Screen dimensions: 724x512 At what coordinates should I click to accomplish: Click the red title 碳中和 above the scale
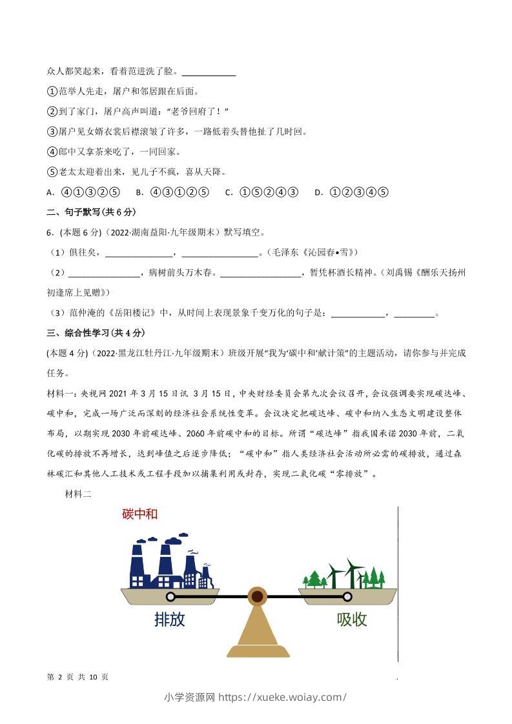click(x=139, y=514)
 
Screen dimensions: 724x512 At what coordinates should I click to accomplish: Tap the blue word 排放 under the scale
click(x=170, y=619)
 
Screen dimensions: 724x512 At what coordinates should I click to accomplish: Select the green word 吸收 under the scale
click(x=352, y=619)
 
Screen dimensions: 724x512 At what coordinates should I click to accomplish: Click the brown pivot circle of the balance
click(x=257, y=596)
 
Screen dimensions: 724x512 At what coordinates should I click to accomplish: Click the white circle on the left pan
click(x=170, y=597)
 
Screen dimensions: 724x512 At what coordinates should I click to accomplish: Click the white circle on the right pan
click(x=347, y=597)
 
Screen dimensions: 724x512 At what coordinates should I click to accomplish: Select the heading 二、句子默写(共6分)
click(x=91, y=212)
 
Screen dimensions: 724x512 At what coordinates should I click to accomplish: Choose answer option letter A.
click(x=50, y=192)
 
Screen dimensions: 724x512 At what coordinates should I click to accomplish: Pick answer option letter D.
click(x=318, y=192)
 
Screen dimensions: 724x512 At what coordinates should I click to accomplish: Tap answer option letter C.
click(x=229, y=192)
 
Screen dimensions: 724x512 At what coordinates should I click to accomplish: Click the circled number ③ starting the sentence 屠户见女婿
click(x=52, y=132)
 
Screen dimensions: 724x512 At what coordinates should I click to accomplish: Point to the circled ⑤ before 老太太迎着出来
click(x=52, y=172)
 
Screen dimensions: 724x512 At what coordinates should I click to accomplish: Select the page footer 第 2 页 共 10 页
click(x=78, y=677)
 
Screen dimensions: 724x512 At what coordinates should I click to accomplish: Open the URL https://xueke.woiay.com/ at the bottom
click(x=283, y=697)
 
